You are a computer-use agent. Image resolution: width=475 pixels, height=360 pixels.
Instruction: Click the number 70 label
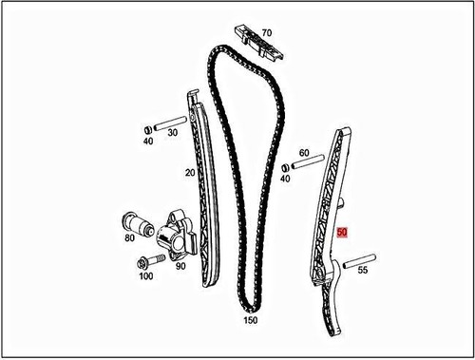tap(266, 31)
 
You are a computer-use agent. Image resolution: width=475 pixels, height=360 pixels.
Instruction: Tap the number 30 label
tap(173, 133)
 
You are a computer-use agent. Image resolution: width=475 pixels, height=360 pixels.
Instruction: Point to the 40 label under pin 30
tap(148, 141)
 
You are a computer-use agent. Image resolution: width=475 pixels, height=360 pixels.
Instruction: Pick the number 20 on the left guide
tap(189, 174)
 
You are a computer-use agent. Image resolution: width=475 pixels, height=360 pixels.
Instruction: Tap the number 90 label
tap(180, 266)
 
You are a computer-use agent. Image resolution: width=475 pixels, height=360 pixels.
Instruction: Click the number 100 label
tap(145, 276)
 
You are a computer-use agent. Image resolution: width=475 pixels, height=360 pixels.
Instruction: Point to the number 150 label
tap(251, 321)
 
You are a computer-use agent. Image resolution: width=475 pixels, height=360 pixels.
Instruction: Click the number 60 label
tap(304, 152)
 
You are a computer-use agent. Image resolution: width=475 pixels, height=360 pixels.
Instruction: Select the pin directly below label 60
tap(306, 166)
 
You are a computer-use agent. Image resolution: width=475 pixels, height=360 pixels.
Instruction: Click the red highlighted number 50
tap(343, 231)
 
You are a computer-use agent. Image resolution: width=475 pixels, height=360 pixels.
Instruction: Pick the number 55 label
tap(362, 270)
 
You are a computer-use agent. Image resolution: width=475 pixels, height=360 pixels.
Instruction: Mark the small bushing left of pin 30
tap(147, 128)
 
